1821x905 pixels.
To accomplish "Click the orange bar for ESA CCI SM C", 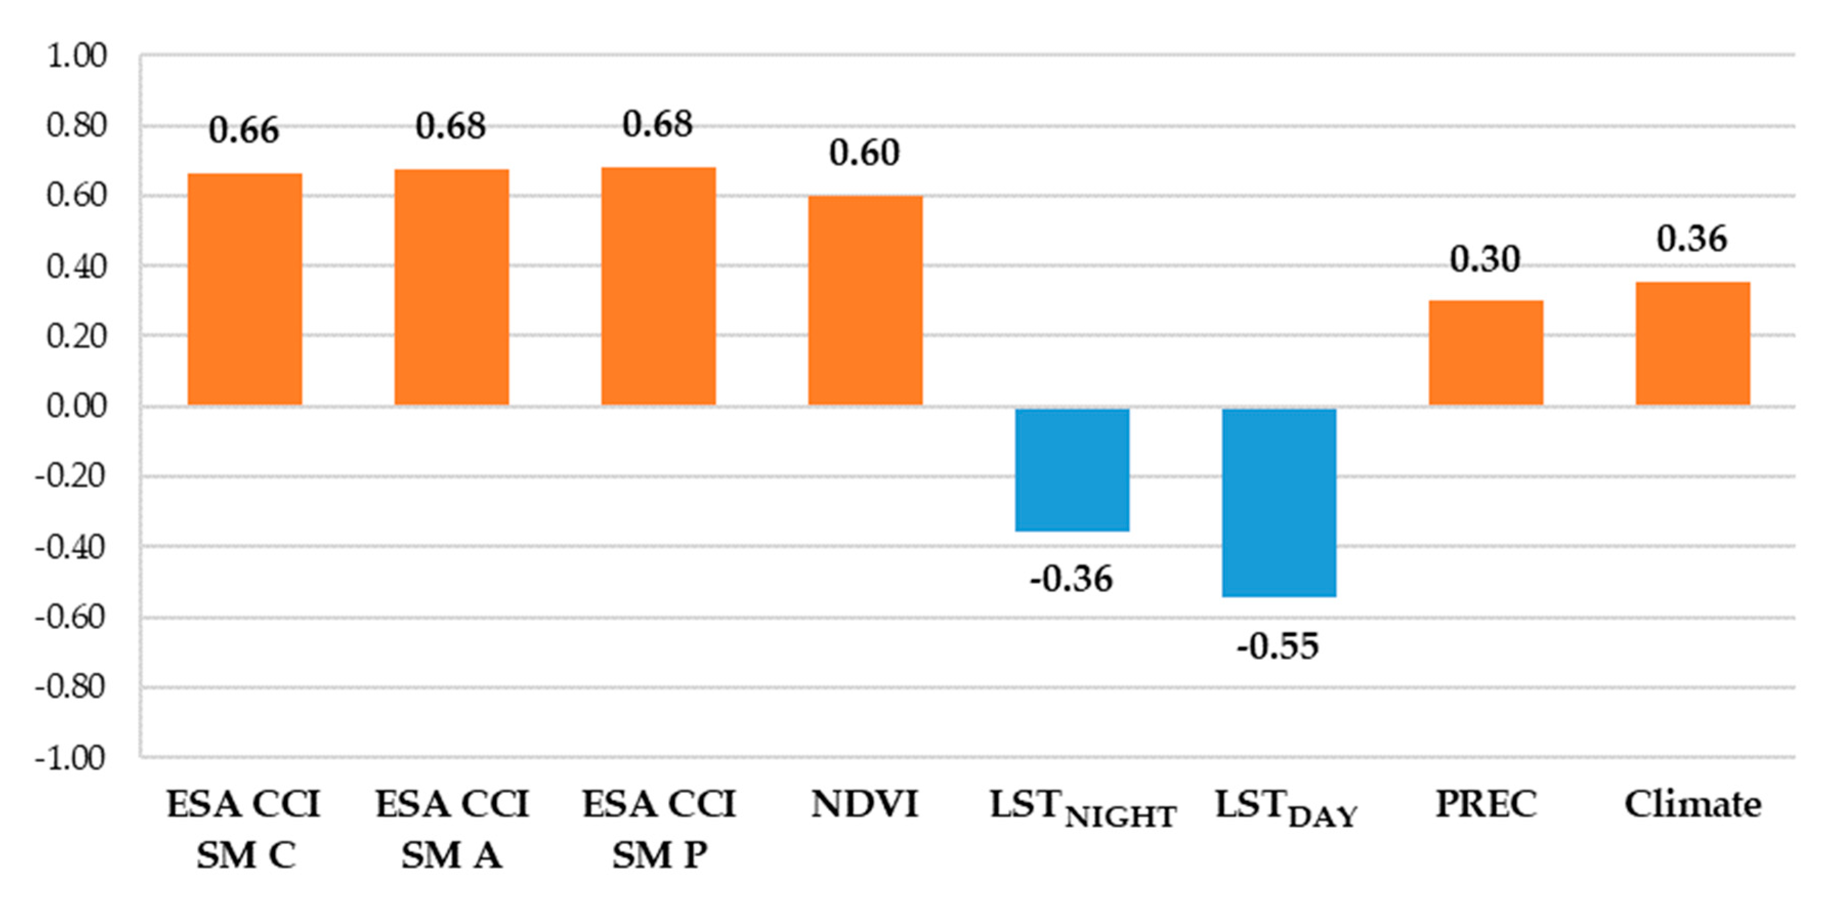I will tap(245, 290).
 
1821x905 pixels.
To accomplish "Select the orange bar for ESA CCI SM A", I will tap(451, 288).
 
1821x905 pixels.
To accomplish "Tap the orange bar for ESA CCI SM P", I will tap(658, 286).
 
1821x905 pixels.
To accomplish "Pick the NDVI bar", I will tap(865, 300).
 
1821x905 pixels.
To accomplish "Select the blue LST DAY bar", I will tap(1279, 503).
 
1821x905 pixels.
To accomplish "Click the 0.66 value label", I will tap(244, 131).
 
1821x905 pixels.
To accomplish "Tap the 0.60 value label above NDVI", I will tap(865, 153).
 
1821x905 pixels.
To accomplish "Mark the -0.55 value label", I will tap(1278, 646).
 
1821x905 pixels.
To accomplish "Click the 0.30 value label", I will tap(1485, 259).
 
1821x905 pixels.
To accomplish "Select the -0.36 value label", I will tap(1071, 579).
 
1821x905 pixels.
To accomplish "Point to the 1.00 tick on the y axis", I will tap(76, 56).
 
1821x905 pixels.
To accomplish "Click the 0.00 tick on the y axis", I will tap(76, 406).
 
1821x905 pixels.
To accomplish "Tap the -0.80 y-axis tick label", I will tap(71, 686).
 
